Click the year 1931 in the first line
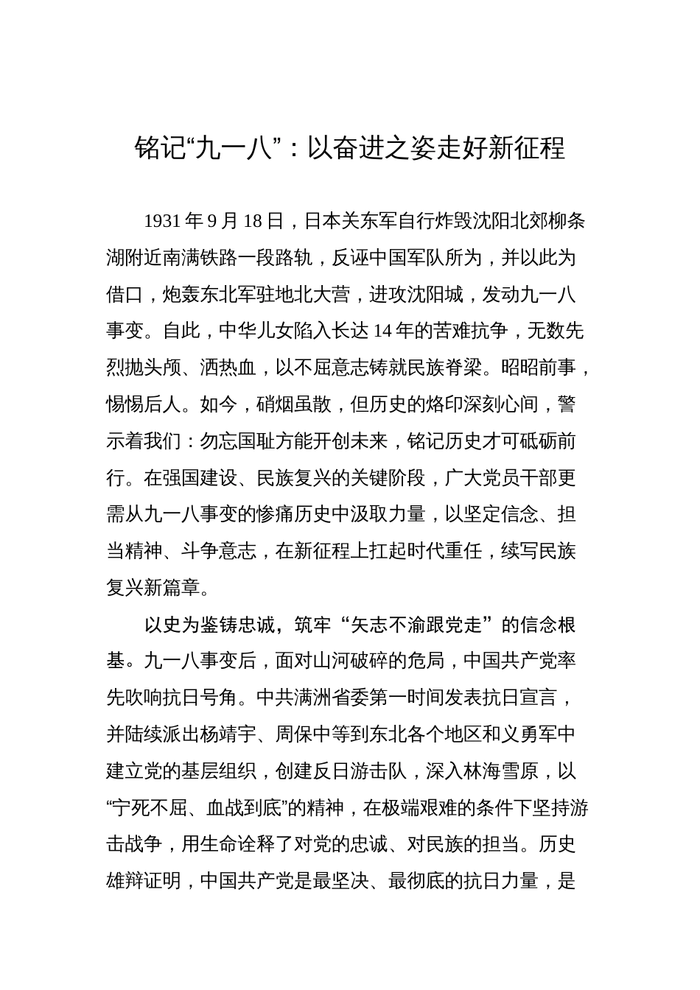pyautogui.click(x=162, y=221)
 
